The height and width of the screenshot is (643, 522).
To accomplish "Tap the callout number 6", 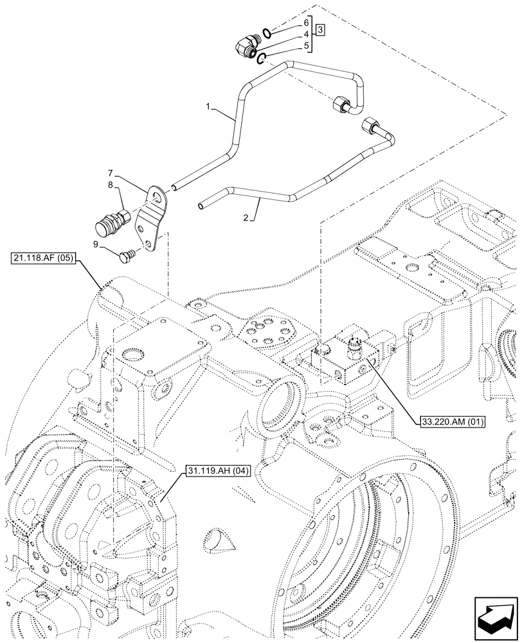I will [x=307, y=22].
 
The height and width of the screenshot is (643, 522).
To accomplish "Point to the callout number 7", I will [x=110, y=173].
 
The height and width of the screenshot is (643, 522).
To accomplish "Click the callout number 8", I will [x=110, y=185].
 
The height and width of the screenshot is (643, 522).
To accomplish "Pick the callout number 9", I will [x=96, y=244].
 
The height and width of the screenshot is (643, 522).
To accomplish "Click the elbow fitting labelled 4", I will [x=245, y=46].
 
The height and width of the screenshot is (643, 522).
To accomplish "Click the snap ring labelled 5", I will [x=262, y=60].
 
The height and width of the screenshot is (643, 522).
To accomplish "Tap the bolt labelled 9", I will [x=127, y=256].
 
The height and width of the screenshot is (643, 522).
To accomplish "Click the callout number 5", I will [x=307, y=46].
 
